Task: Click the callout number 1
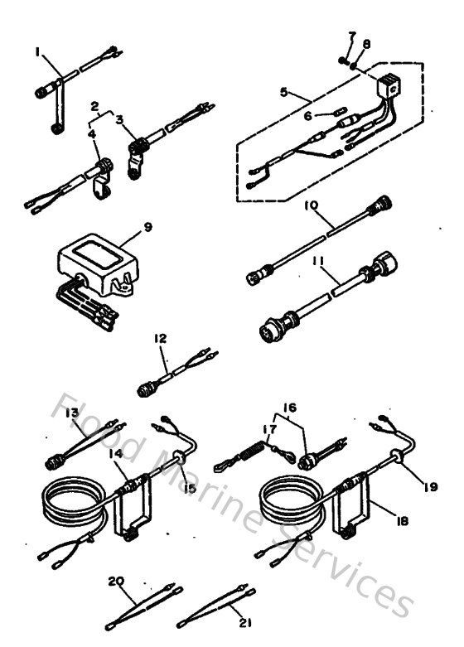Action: pyautogui.click(x=37, y=51)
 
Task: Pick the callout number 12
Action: pyautogui.click(x=161, y=338)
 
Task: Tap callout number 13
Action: pyautogui.click(x=72, y=412)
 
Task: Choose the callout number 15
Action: pyautogui.click(x=191, y=489)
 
